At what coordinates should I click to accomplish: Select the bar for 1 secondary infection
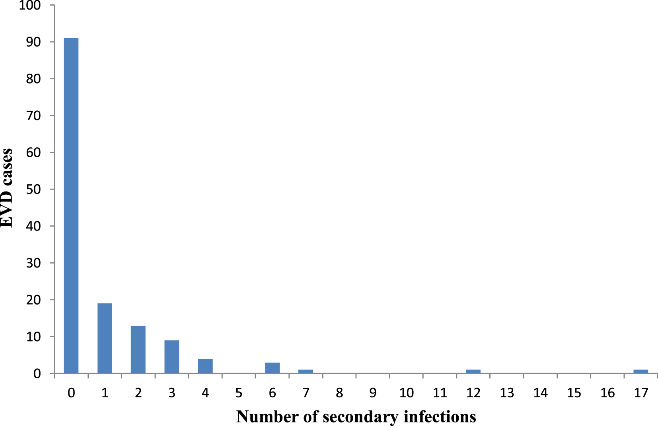[105, 338]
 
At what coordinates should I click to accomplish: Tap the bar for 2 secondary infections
[138, 350]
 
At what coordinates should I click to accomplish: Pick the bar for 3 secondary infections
[172, 357]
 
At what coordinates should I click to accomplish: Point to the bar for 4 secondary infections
[205, 366]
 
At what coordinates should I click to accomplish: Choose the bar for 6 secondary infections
[272, 368]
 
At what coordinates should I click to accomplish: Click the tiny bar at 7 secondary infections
[306, 371]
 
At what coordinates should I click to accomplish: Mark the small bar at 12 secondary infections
[473, 371]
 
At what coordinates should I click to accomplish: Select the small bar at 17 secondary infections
[640, 371]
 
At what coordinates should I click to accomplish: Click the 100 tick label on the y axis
[30, 6]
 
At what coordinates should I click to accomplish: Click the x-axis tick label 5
[239, 393]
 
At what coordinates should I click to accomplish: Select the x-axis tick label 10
[406, 393]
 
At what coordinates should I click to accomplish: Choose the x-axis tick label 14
[540, 393]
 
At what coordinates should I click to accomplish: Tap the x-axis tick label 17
[640, 393]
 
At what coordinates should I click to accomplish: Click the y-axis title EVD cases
[7, 188]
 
